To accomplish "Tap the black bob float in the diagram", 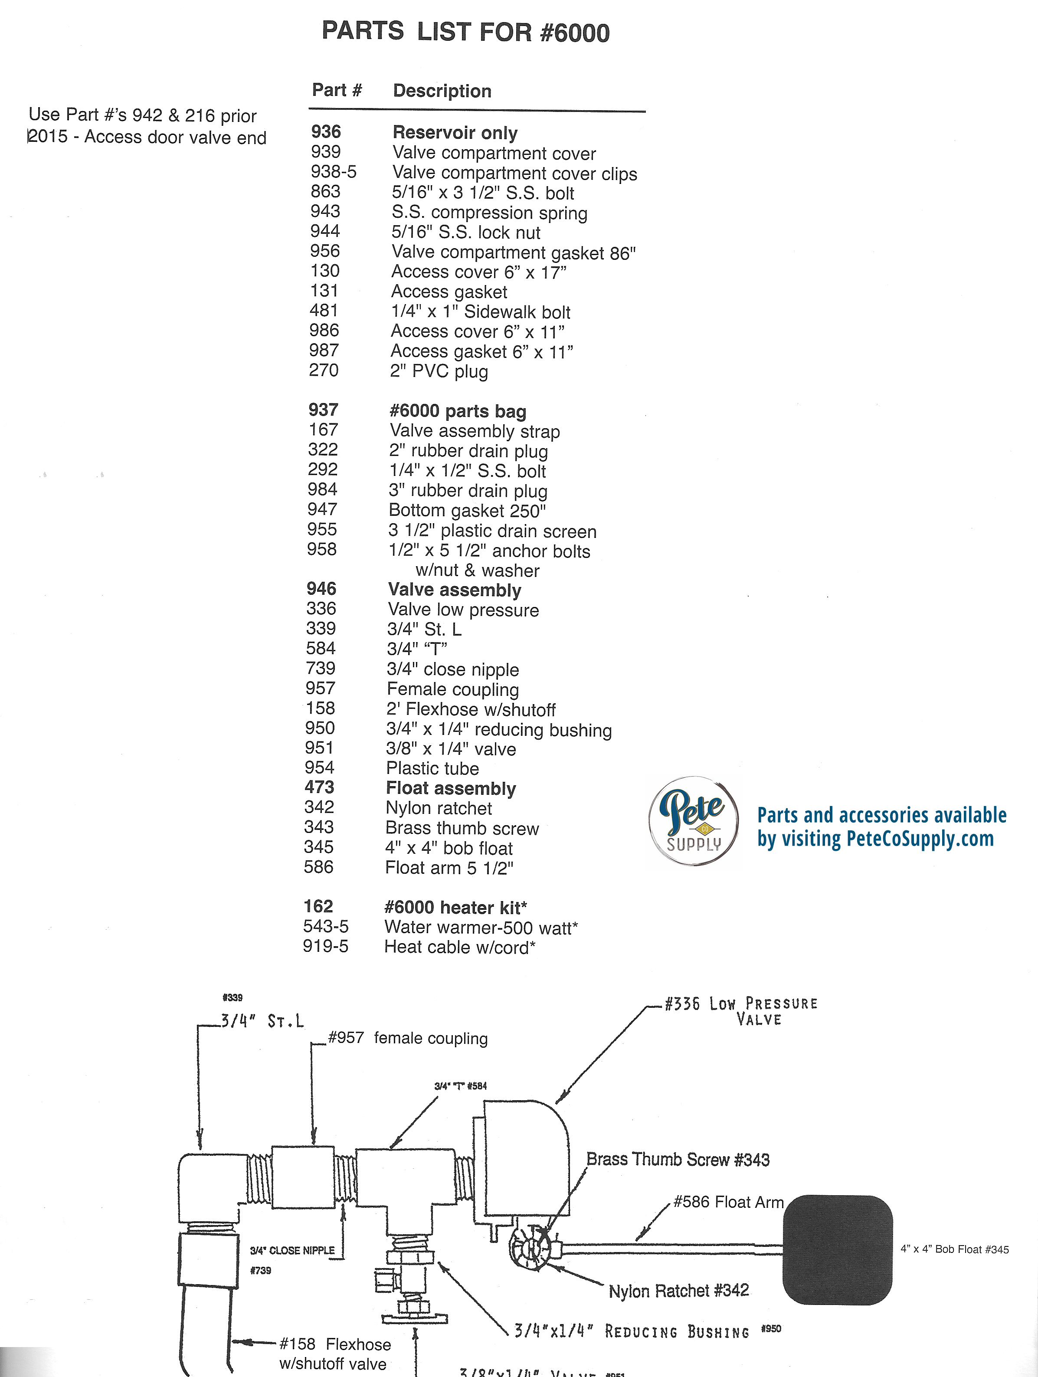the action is point(838,1249).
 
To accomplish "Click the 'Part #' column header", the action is point(337,90).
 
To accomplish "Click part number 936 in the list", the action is point(326,132).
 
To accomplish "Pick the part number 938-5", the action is point(334,172).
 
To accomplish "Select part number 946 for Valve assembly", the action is point(321,589).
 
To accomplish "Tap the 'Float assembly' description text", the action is point(451,788).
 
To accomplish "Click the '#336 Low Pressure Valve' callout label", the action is point(740,1012).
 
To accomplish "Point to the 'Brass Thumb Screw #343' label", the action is point(678,1159).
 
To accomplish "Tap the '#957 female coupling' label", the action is point(408,1038).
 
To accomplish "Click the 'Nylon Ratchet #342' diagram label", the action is point(678,1291).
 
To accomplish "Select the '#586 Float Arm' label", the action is point(729,1202).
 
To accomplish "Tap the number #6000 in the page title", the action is point(575,33).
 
